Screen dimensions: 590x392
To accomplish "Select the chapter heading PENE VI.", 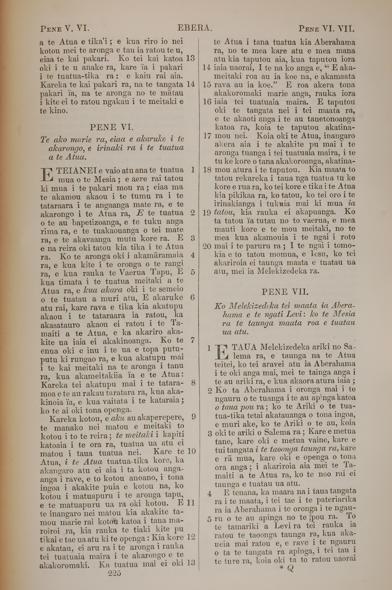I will point(112,127).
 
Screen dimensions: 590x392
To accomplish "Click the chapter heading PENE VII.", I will point(285,292).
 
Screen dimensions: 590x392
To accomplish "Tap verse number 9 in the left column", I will point(193,417).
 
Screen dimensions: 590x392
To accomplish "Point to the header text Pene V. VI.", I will point(64,28).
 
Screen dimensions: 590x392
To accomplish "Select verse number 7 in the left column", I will point(192,340).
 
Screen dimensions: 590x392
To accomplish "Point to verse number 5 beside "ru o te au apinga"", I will point(210,519).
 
